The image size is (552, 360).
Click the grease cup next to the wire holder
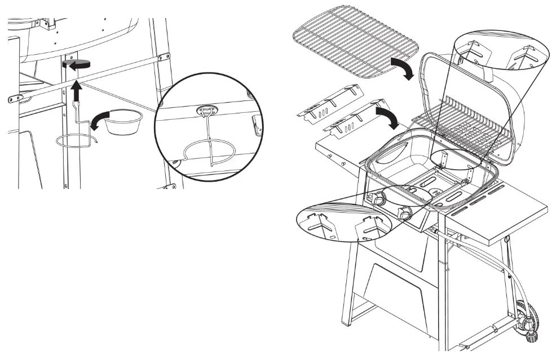(x=121, y=122)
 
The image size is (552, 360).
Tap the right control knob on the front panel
(x=404, y=214)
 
